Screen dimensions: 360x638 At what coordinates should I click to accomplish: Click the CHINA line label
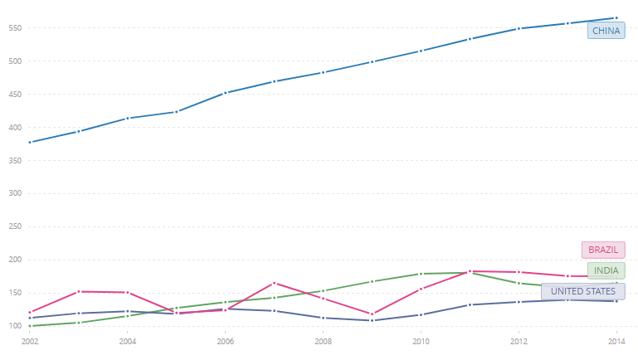tap(606, 31)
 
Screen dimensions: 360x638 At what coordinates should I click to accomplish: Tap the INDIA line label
tap(606, 270)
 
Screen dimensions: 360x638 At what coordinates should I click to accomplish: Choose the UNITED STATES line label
tap(582, 291)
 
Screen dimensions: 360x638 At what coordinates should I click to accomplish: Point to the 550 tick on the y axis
tap(14, 28)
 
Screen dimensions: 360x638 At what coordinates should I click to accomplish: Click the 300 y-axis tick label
tap(14, 193)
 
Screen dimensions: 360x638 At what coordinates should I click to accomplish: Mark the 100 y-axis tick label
tap(14, 326)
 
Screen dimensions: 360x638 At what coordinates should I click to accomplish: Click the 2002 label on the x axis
tap(30, 341)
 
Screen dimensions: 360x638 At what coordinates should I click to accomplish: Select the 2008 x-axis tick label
tap(324, 341)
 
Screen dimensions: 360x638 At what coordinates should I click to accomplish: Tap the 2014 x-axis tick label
tap(616, 341)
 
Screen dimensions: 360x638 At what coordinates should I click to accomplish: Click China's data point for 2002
tap(30, 143)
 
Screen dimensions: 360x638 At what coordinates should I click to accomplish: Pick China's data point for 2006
tap(226, 93)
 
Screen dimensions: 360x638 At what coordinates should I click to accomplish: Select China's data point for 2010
tap(421, 51)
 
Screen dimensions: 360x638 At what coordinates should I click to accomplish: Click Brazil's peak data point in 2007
tap(275, 283)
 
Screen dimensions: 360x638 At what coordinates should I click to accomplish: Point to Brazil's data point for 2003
tap(79, 291)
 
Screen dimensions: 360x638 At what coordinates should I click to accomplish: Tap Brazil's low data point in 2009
tap(373, 314)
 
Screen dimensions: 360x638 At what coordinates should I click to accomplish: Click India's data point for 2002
tap(30, 326)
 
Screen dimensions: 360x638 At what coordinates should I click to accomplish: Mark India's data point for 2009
tap(373, 281)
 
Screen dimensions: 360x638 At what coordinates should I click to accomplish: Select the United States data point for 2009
tap(373, 320)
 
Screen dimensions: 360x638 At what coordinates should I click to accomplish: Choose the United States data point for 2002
tap(30, 318)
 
